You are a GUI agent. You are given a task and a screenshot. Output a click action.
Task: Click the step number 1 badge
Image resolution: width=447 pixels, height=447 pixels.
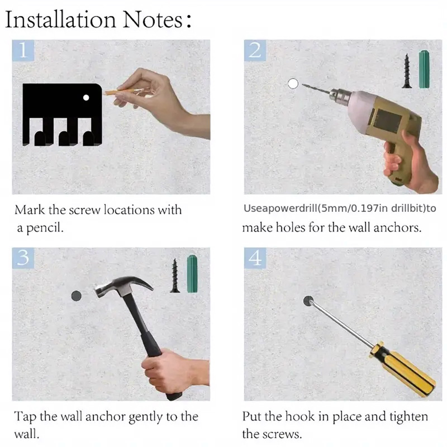click(23, 50)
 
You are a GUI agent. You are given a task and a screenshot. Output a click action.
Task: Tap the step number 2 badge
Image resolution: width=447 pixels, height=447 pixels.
click(255, 50)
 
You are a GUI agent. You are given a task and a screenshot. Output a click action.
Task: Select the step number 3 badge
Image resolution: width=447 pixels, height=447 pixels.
click(23, 258)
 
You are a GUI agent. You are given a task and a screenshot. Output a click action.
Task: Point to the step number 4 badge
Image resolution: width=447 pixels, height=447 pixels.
click(255, 258)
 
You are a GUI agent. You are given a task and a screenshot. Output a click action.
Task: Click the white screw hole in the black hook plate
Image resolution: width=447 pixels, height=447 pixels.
click(86, 98)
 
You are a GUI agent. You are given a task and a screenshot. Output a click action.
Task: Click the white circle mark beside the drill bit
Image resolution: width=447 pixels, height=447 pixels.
click(293, 84)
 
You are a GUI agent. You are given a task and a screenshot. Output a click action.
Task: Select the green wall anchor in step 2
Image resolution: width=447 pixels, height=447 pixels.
click(424, 69)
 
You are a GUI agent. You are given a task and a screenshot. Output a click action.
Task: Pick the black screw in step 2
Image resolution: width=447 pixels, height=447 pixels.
click(407, 71)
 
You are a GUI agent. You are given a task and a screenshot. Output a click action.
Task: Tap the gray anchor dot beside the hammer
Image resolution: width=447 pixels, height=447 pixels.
click(76, 296)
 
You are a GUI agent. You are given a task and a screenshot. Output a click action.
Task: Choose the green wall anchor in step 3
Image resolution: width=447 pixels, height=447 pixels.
click(192, 274)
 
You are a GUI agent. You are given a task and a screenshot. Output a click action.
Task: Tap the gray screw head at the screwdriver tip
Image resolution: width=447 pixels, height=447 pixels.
click(308, 301)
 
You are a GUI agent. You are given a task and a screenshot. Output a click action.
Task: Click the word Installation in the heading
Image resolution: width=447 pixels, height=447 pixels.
click(60, 20)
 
